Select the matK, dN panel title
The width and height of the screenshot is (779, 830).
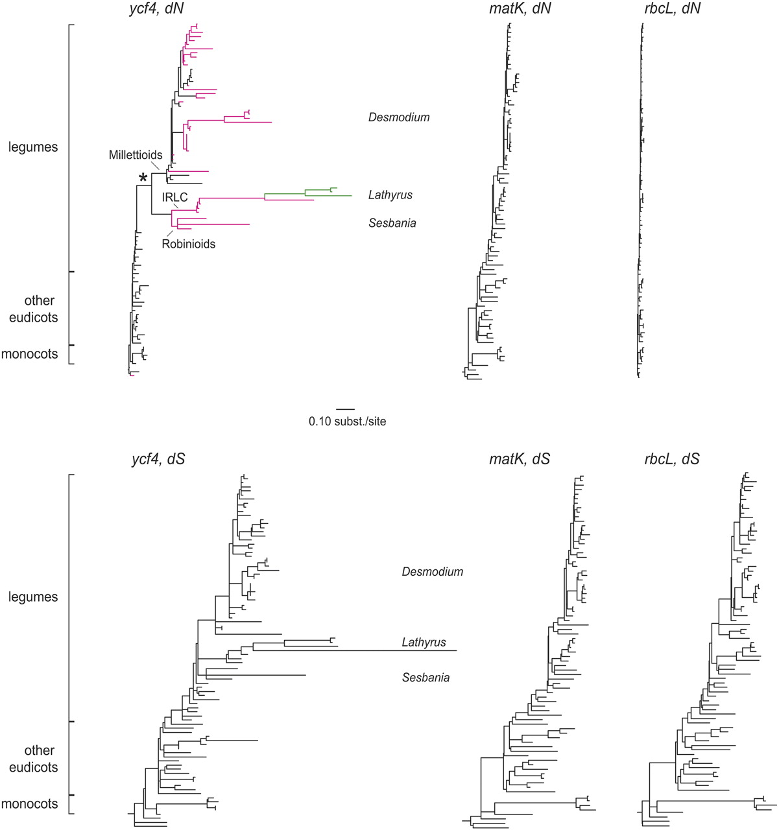coord(520,9)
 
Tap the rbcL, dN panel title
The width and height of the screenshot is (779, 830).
coord(672,9)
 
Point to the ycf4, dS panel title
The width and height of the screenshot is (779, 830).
coord(158,459)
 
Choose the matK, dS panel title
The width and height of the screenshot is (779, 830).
coord(520,459)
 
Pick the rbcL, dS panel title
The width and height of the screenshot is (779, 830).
coord(672,459)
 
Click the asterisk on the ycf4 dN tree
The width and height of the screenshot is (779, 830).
coord(143,178)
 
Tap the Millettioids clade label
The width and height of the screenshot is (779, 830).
coord(136,156)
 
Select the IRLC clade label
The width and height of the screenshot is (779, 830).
coord(174,198)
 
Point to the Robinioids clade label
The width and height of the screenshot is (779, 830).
coord(188,244)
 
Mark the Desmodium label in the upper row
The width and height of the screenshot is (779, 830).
coord(399,117)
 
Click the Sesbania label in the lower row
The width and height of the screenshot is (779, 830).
coord(425,678)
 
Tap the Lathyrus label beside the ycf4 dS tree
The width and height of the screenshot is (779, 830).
coord(424,643)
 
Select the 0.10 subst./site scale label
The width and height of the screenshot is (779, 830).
coord(347,421)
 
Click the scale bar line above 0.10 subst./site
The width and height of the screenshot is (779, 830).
coord(346,409)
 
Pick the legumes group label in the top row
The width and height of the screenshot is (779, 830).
coord(33,147)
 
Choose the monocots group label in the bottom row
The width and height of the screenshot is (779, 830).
coord(30,804)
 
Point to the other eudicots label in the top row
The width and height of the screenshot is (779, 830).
coord(33,309)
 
